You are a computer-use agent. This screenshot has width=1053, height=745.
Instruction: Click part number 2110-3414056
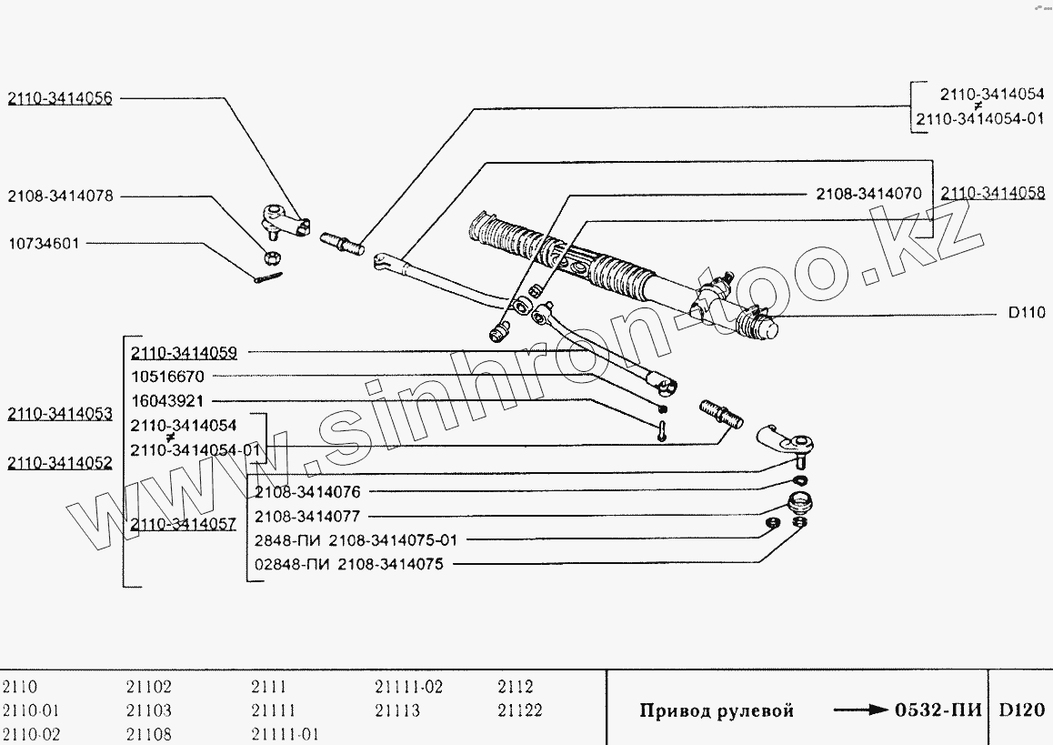tap(60, 98)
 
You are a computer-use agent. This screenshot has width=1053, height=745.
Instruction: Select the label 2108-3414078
tap(60, 196)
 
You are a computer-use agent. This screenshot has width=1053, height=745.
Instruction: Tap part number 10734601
tap(43, 244)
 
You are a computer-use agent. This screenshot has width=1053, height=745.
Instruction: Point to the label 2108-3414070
tap(868, 194)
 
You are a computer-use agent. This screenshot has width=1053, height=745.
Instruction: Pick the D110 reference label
tap(1026, 313)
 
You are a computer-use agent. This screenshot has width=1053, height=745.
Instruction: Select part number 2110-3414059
tap(184, 352)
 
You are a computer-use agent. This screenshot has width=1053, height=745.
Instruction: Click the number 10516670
tap(168, 376)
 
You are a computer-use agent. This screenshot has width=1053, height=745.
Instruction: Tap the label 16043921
tap(168, 400)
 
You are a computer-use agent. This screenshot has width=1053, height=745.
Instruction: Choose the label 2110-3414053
tap(60, 415)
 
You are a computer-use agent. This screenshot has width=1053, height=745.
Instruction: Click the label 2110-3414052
tap(60, 463)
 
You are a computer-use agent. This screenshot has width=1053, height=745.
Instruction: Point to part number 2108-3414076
tap(307, 492)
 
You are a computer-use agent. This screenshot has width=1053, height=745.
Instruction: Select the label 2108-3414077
tap(307, 516)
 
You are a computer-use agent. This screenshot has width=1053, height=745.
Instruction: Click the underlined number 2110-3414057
tap(184, 524)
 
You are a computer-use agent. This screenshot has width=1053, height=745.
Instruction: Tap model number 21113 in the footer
tap(397, 710)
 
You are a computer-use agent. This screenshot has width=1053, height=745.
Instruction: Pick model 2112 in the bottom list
tap(516, 688)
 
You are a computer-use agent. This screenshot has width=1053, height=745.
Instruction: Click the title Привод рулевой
tap(717, 710)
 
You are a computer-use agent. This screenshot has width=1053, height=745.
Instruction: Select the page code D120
tap(1022, 710)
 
